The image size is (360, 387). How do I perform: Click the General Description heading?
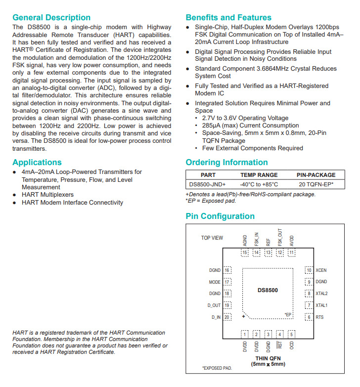pyautogui.click(x=51, y=17)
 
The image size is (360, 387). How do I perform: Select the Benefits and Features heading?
pyautogui.click(x=228, y=17)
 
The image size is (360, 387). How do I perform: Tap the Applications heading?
pyautogui.click(x=37, y=162)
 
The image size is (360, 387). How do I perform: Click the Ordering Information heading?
pyautogui.click(x=226, y=163)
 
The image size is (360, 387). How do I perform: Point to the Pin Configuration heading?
pyautogui.click(x=220, y=216)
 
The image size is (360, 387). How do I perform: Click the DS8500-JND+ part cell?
pyautogui.click(x=208, y=184)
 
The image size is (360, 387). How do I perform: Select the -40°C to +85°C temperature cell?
pyautogui.click(x=259, y=184)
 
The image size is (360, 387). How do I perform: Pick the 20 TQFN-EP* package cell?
pyautogui.click(x=315, y=184)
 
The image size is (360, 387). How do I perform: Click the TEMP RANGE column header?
pyautogui.click(x=259, y=174)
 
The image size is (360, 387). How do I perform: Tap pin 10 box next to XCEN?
pyautogui.click(x=309, y=270)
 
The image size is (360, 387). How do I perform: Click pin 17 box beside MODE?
pyautogui.click(x=227, y=282)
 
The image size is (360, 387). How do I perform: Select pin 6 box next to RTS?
pyautogui.click(x=309, y=317)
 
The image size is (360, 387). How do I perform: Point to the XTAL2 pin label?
pyautogui.click(x=321, y=294)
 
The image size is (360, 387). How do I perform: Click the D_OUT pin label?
pyautogui.click(x=214, y=305)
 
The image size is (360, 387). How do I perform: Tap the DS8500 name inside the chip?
pyautogui.click(x=268, y=290)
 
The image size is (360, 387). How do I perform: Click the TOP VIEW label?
pyautogui.click(x=212, y=238)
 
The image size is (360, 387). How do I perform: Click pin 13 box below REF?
pyautogui.click(x=268, y=253)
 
